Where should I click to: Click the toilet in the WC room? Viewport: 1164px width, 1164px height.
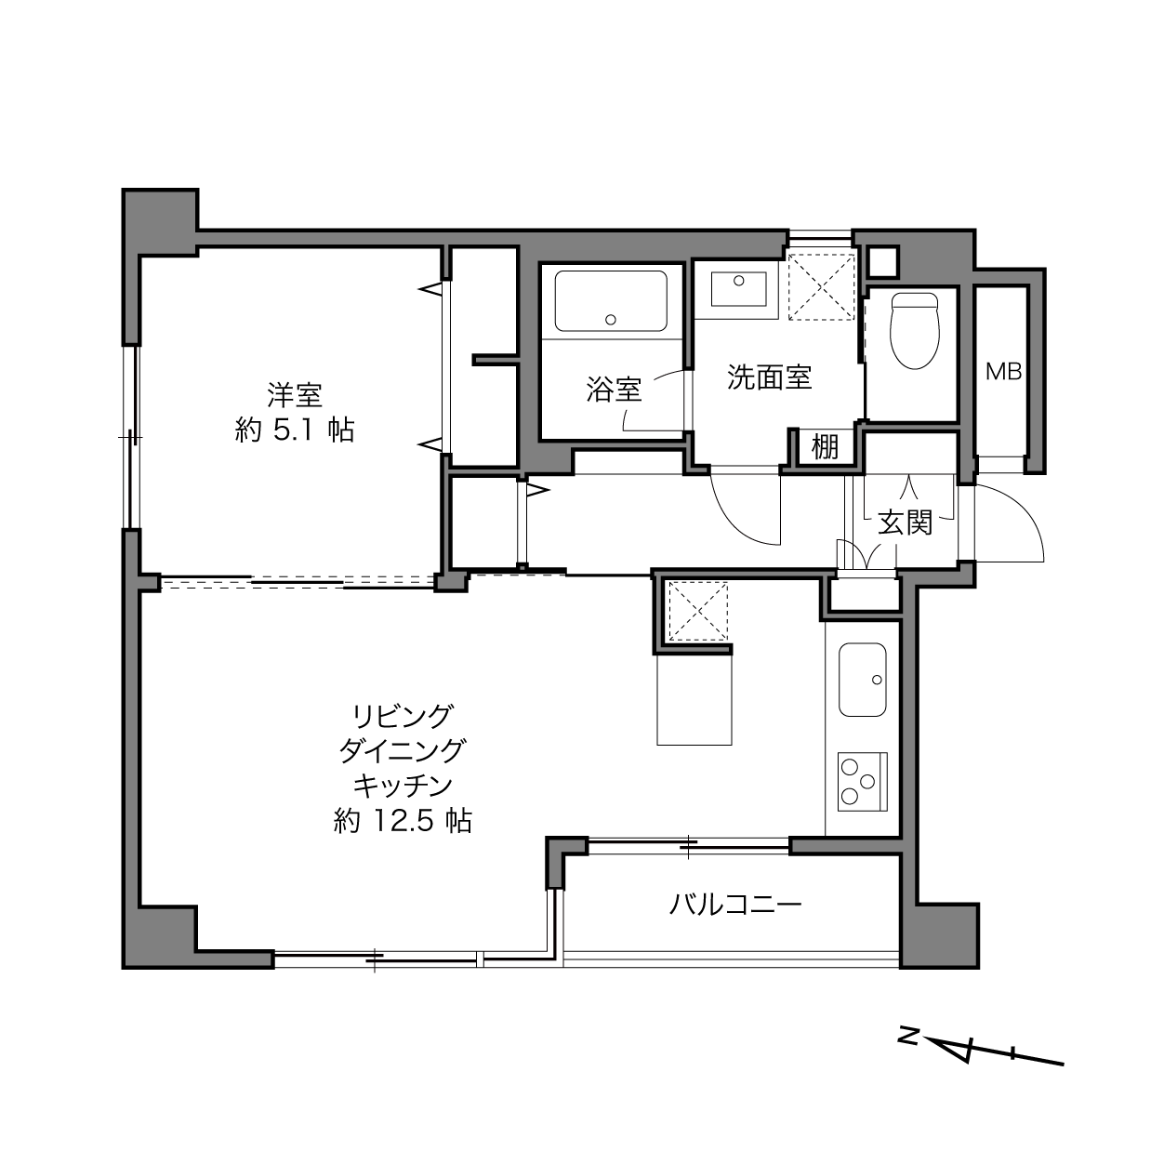915,330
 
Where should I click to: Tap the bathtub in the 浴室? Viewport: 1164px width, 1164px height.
611,301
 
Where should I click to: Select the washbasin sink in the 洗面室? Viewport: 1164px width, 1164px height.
738,289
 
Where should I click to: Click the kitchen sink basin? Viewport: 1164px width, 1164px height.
863,680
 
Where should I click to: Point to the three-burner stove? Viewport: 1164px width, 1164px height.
862,782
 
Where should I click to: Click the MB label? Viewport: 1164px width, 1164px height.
1003,372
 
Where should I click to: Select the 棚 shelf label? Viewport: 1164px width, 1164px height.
825,447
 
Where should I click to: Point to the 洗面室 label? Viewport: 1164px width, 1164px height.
769,377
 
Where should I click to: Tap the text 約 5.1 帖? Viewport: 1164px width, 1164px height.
294,430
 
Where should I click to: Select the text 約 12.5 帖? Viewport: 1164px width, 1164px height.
403,821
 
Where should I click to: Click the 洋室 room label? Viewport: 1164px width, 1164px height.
295,395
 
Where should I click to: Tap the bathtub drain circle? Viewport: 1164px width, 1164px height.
611,320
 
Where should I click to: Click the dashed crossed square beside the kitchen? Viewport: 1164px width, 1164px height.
697,611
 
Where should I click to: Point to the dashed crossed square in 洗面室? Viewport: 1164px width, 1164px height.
822,285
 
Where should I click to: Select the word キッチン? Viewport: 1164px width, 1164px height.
403,786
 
